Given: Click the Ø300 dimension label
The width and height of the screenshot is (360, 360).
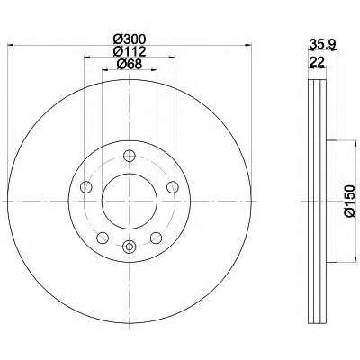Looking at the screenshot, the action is [130, 39].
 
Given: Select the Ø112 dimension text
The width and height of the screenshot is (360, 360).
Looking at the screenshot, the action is [130, 51].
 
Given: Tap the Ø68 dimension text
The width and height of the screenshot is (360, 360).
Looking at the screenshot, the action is [129, 64].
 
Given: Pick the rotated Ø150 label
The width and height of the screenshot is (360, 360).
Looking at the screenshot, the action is [349, 201].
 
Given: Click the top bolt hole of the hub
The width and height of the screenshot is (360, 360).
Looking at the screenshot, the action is [130, 156].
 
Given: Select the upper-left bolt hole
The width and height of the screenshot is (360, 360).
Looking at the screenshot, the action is [86, 187].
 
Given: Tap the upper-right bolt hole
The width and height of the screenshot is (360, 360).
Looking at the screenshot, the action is [172, 187].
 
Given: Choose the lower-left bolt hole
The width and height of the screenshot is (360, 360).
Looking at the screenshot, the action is [103, 238].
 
